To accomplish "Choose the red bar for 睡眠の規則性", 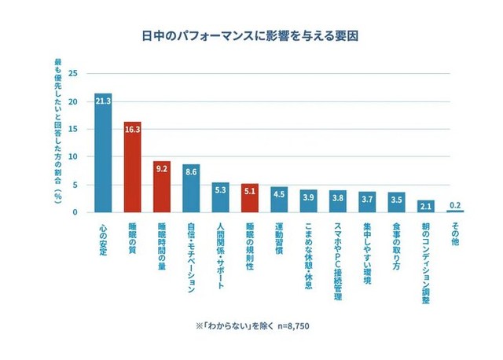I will pyautogui.click(x=249, y=198).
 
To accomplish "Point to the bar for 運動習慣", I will pyautogui.click(x=279, y=200).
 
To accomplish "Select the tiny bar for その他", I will pyautogui.click(x=455, y=211).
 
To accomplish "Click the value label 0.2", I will pyautogui.click(x=455, y=205).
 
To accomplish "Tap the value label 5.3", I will pyautogui.click(x=220, y=189).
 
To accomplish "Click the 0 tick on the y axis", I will pyautogui.click(x=75, y=212).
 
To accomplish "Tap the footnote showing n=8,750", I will pyautogui.click(x=251, y=325).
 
